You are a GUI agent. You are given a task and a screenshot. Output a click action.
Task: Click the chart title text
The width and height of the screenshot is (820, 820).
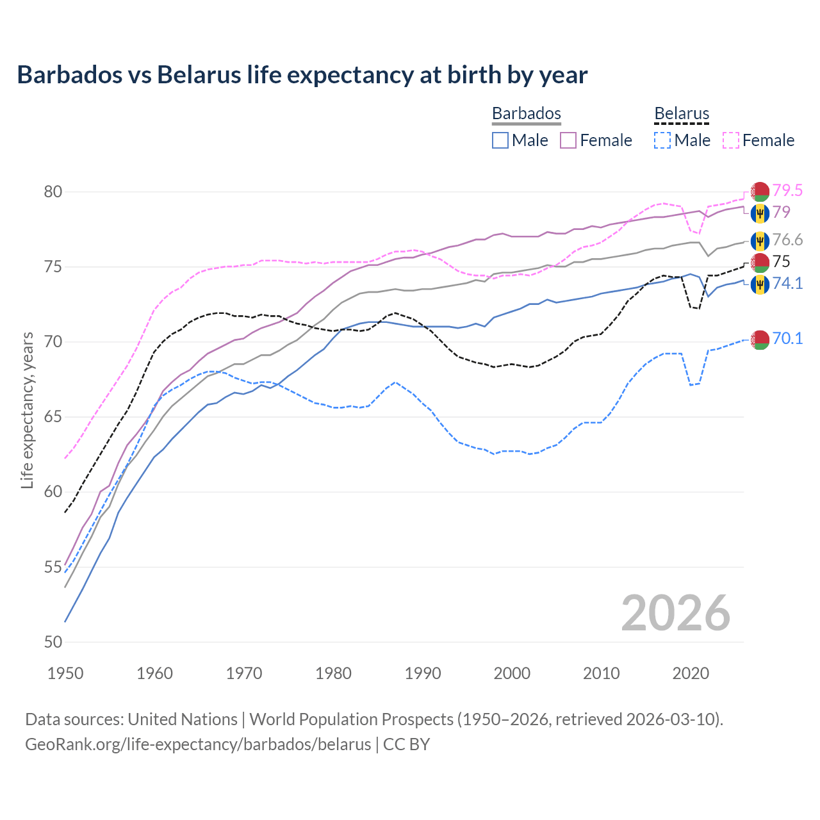tap(302, 75)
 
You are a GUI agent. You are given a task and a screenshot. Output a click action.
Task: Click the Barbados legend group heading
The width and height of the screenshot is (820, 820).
tap(526, 113)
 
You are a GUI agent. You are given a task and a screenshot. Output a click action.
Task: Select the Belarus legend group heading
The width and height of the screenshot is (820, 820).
tap(682, 113)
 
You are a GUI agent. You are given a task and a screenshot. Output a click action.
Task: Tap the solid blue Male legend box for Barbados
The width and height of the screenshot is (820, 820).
tap(500, 140)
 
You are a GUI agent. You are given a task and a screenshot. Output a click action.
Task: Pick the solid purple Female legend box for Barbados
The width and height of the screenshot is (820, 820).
tap(568, 140)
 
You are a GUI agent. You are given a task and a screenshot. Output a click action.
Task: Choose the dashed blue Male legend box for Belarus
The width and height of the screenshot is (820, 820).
tap(662, 140)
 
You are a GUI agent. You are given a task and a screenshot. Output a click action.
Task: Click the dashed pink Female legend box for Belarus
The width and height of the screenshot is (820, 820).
tap(731, 140)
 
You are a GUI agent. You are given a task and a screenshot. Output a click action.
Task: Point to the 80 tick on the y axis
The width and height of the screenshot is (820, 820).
tap(53, 192)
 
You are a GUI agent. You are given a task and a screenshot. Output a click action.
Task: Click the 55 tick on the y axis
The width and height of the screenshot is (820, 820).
tap(53, 567)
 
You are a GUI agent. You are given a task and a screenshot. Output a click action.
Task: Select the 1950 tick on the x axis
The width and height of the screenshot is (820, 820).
tap(65, 673)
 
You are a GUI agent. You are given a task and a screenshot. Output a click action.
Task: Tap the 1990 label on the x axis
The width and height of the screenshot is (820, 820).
tap(423, 673)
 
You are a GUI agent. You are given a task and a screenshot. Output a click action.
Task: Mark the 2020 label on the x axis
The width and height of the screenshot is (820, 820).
tap(691, 673)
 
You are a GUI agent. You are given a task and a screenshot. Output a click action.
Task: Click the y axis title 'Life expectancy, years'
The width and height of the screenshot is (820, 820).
tap(27, 410)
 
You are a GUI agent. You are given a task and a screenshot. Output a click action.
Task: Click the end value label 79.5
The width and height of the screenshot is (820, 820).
tap(787, 190)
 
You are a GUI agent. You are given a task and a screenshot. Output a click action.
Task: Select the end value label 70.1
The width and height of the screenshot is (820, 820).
tap(787, 338)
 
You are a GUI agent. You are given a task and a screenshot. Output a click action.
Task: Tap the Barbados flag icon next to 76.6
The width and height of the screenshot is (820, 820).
tap(760, 241)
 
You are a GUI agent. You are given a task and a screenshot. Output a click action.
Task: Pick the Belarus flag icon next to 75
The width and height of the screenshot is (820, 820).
tap(760, 263)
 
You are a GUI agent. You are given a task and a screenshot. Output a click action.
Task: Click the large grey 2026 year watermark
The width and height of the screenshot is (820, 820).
tap(676, 613)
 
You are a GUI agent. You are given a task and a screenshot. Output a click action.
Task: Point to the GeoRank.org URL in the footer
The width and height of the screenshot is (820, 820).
tap(198, 744)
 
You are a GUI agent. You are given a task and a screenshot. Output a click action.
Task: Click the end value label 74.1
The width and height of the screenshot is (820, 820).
tap(787, 283)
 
